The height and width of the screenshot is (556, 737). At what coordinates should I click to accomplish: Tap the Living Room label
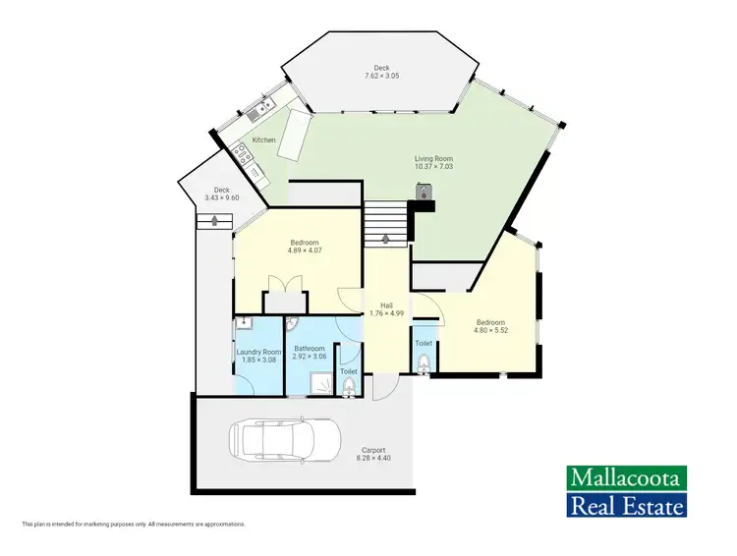pos(433,158)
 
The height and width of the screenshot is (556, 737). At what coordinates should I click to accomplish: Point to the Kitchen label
pos(264,140)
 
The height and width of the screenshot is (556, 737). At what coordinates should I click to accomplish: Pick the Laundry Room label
pos(259,352)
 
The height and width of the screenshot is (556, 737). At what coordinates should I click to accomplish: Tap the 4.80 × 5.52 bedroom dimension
pos(490,330)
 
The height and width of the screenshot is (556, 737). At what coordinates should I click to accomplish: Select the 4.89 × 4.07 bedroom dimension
pos(306,250)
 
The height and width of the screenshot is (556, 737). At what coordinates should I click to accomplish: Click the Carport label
pos(371,450)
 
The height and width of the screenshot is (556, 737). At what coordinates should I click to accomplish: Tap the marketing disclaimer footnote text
pos(134,524)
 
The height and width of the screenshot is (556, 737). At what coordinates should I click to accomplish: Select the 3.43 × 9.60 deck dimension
pos(222,198)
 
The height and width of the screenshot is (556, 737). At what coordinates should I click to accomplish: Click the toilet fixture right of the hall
pos(424,364)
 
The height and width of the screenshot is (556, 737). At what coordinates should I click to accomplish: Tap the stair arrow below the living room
pos(386,238)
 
